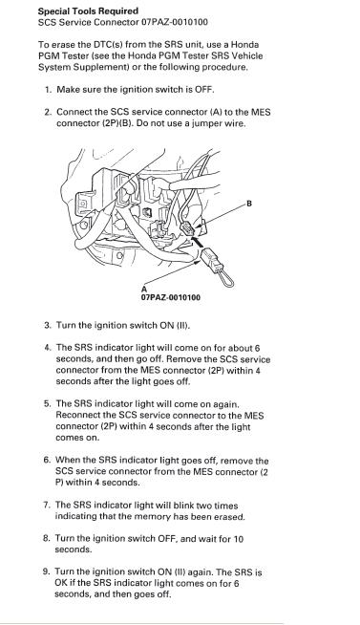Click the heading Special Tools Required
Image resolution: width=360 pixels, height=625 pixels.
88,11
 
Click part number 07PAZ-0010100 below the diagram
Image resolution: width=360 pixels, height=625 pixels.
171,297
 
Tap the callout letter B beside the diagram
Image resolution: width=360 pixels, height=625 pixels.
249,204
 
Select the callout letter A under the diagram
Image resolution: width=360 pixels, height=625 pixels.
144,289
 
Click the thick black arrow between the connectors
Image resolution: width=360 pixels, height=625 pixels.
198,242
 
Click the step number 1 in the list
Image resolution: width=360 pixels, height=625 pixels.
48,89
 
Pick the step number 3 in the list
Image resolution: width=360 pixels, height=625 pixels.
48,325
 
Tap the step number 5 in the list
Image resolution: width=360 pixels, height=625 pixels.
47,403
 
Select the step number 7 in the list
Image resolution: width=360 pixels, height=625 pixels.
47,506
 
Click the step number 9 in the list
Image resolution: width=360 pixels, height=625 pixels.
46,572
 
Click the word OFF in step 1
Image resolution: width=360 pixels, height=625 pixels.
203,89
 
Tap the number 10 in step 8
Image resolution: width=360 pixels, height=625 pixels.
238,539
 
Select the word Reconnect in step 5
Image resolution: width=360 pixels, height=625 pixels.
77,415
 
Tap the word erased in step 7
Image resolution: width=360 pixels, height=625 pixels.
230,517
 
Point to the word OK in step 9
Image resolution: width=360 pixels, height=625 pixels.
61,584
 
